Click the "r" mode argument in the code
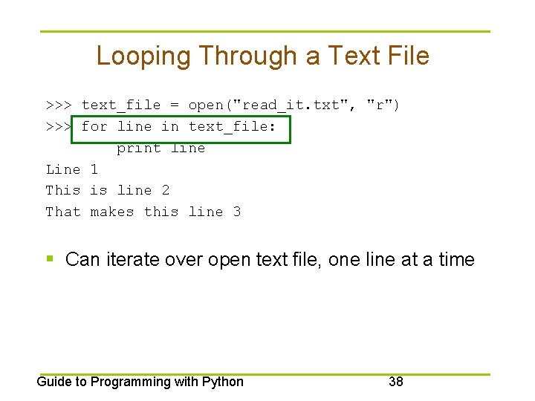pyautogui.click(x=380, y=105)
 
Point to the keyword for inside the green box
pyautogui.click(x=94, y=127)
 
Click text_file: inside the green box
pyautogui.click(x=233, y=127)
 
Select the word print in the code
pyautogui.click(x=139, y=148)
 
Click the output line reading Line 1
pyautogui.click(x=72, y=169)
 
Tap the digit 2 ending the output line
pyautogui.click(x=166, y=191)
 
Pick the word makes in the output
pyautogui.click(x=112, y=212)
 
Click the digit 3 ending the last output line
pyautogui.click(x=237, y=212)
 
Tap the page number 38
pyautogui.click(x=396, y=382)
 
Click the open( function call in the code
pyautogui.click(x=210, y=105)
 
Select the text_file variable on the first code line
pyautogui.click(x=121, y=105)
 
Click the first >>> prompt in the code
pyautogui.click(x=59, y=105)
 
